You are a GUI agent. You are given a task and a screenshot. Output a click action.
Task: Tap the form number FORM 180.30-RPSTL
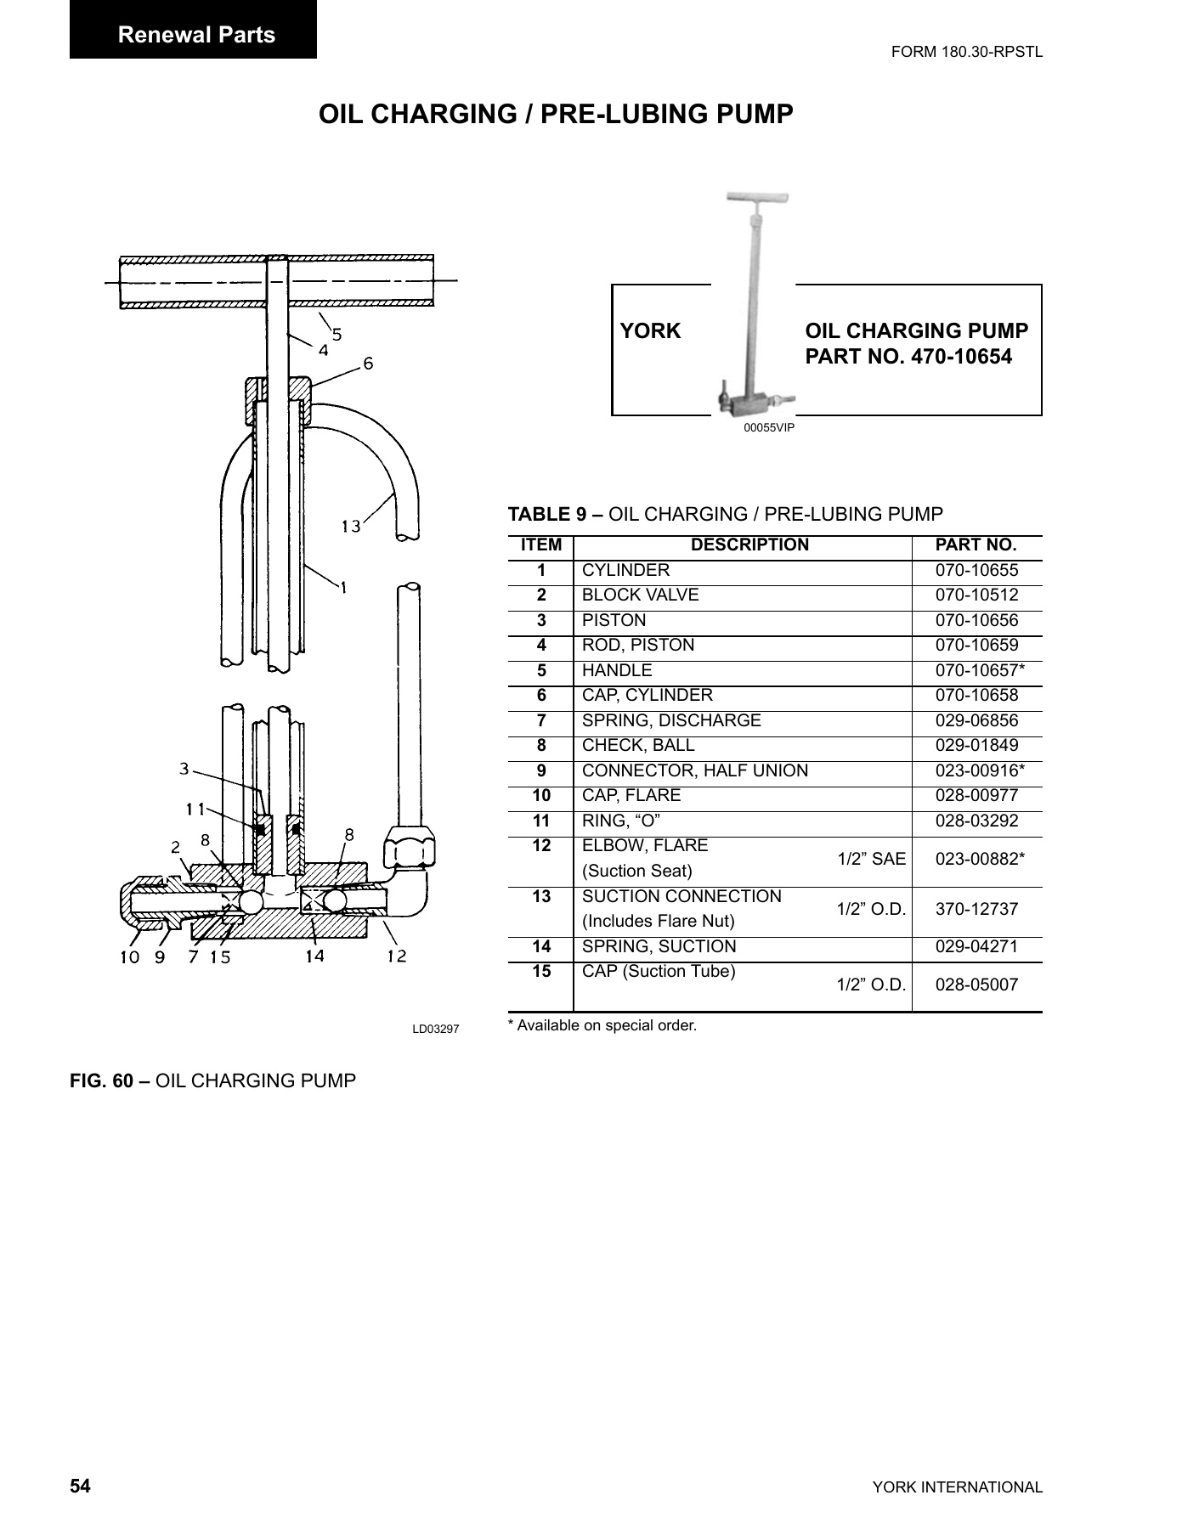966,52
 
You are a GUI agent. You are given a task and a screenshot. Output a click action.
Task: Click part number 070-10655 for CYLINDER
976,571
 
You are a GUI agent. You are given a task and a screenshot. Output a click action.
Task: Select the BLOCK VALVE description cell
640,595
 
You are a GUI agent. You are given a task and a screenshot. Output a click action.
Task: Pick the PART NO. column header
976,545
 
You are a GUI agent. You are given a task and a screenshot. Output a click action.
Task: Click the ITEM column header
541,545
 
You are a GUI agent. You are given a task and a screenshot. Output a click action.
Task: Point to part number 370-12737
976,909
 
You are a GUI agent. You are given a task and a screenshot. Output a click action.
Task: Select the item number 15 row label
541,972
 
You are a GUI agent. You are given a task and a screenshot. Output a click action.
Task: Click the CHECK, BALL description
638,746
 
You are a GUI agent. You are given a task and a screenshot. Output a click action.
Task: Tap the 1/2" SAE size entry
871,859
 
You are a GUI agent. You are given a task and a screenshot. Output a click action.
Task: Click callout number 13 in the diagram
351,527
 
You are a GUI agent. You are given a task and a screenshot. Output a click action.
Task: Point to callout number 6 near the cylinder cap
368,364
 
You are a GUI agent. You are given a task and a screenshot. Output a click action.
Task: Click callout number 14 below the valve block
314,956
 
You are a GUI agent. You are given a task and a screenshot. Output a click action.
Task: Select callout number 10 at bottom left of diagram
128,958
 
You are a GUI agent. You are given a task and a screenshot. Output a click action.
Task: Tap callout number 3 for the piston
184,769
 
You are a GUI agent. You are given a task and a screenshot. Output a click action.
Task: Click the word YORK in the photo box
650,331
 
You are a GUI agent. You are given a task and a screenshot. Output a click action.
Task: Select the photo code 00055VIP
768,428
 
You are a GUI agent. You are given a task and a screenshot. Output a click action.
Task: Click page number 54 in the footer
80,1487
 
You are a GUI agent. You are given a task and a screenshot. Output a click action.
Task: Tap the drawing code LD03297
435,1030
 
